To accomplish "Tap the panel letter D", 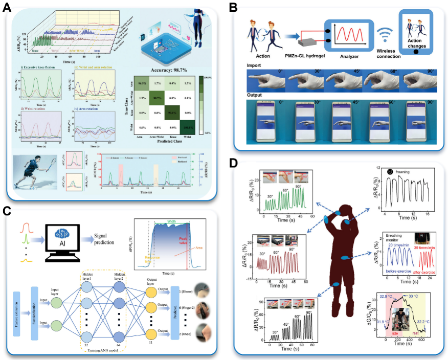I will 233,164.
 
